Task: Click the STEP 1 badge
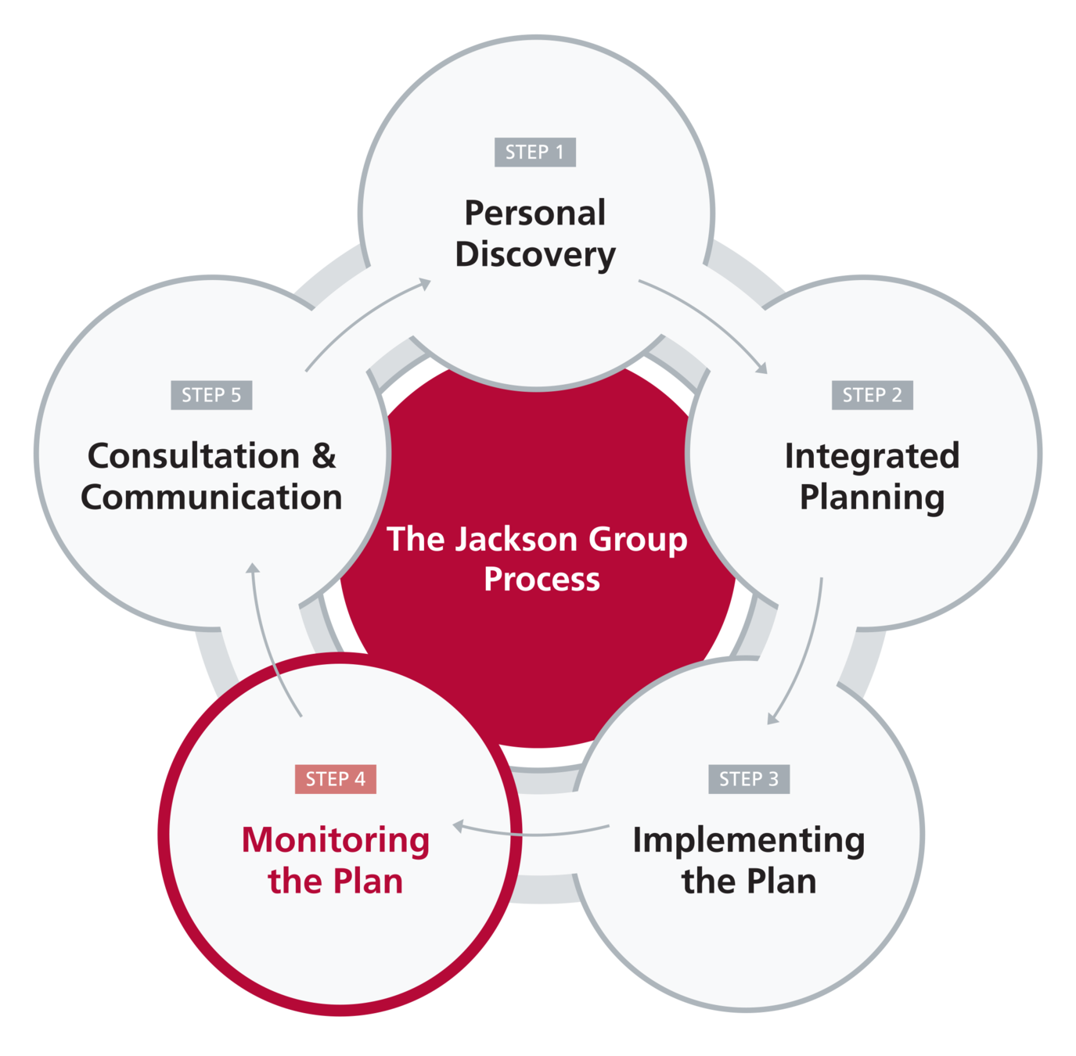pos(535,152)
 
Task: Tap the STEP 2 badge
pos(873,395)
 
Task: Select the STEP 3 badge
pos(749,778)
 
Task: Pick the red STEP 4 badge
pos(336,778)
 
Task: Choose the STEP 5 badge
pos(211,395)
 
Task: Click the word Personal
pos(535,213)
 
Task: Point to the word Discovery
pos(535,255)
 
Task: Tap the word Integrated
pos(873,457)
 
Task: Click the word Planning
pos(873,497)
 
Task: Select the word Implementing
pos(749,841)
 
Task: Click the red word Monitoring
pos(336,841)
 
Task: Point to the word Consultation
pos(194,456)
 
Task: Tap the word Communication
pos(211,497)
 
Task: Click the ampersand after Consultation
pos(324,456)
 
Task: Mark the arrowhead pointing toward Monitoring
pos(459,825)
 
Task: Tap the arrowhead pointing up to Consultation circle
pos(253,568)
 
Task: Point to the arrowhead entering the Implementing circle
pos(772,719)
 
